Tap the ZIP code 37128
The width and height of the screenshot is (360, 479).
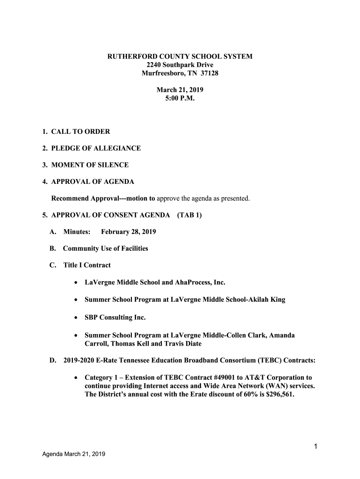point(209,73)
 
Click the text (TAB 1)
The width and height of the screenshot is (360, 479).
point(189,215)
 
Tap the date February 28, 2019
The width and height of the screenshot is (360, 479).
point(129,232)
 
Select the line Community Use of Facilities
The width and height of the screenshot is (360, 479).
point(106,248)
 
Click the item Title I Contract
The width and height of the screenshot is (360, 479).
point(87,265)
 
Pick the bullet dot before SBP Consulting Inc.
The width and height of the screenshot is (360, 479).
point(76,318)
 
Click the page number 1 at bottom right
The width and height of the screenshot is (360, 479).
point(316,446)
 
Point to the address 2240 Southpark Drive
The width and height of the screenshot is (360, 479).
point(180,65)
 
